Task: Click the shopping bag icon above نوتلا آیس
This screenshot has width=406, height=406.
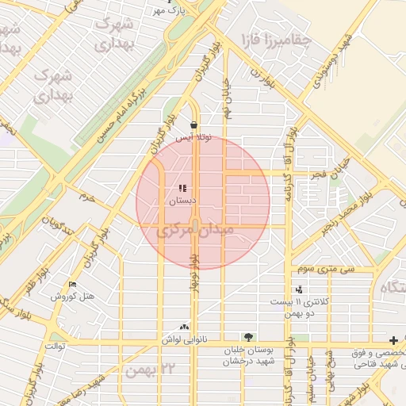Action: (x=194, y=125)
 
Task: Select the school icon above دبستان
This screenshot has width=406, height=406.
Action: (x=182, y=189)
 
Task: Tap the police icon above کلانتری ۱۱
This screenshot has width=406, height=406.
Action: (x=299, y=290)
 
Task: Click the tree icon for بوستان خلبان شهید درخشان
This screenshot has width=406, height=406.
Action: (x=249, y=337)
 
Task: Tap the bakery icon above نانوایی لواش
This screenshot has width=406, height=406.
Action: (x=185, y=327)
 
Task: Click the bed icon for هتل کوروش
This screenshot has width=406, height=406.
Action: (x=74, y=285)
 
